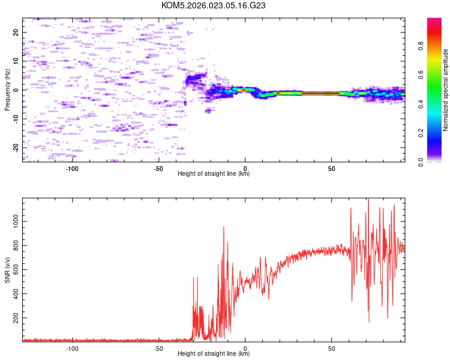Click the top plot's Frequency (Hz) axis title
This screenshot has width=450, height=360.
pyautogui.click(x=7, y=89)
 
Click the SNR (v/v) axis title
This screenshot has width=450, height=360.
pyautogui.click(x=7, y=269)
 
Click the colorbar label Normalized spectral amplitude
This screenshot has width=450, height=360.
pyautogui.click(x=446, y=90)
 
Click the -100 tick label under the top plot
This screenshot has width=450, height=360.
pyautogui.click(x=73, y=169)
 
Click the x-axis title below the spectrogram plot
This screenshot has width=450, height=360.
pyautogui.click(x=214, y=174)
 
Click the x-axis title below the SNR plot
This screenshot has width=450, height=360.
pyautogui.click(x=214, y=354)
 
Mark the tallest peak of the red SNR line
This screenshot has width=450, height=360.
pyautogui.click(x=368, y=200)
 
